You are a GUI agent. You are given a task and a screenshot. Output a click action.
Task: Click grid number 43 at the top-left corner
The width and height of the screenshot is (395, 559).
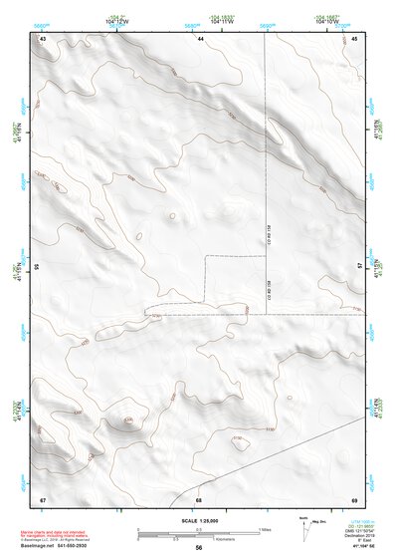(43, 38)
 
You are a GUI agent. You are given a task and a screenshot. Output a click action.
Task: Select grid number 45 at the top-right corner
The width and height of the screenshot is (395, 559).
(354, 38)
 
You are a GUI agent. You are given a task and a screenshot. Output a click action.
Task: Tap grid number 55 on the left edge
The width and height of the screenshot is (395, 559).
(37, 267)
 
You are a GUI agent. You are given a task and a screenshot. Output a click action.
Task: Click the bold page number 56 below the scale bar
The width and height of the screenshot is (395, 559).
(199, 548)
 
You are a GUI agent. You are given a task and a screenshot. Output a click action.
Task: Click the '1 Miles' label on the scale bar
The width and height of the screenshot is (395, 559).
(262, 530)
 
